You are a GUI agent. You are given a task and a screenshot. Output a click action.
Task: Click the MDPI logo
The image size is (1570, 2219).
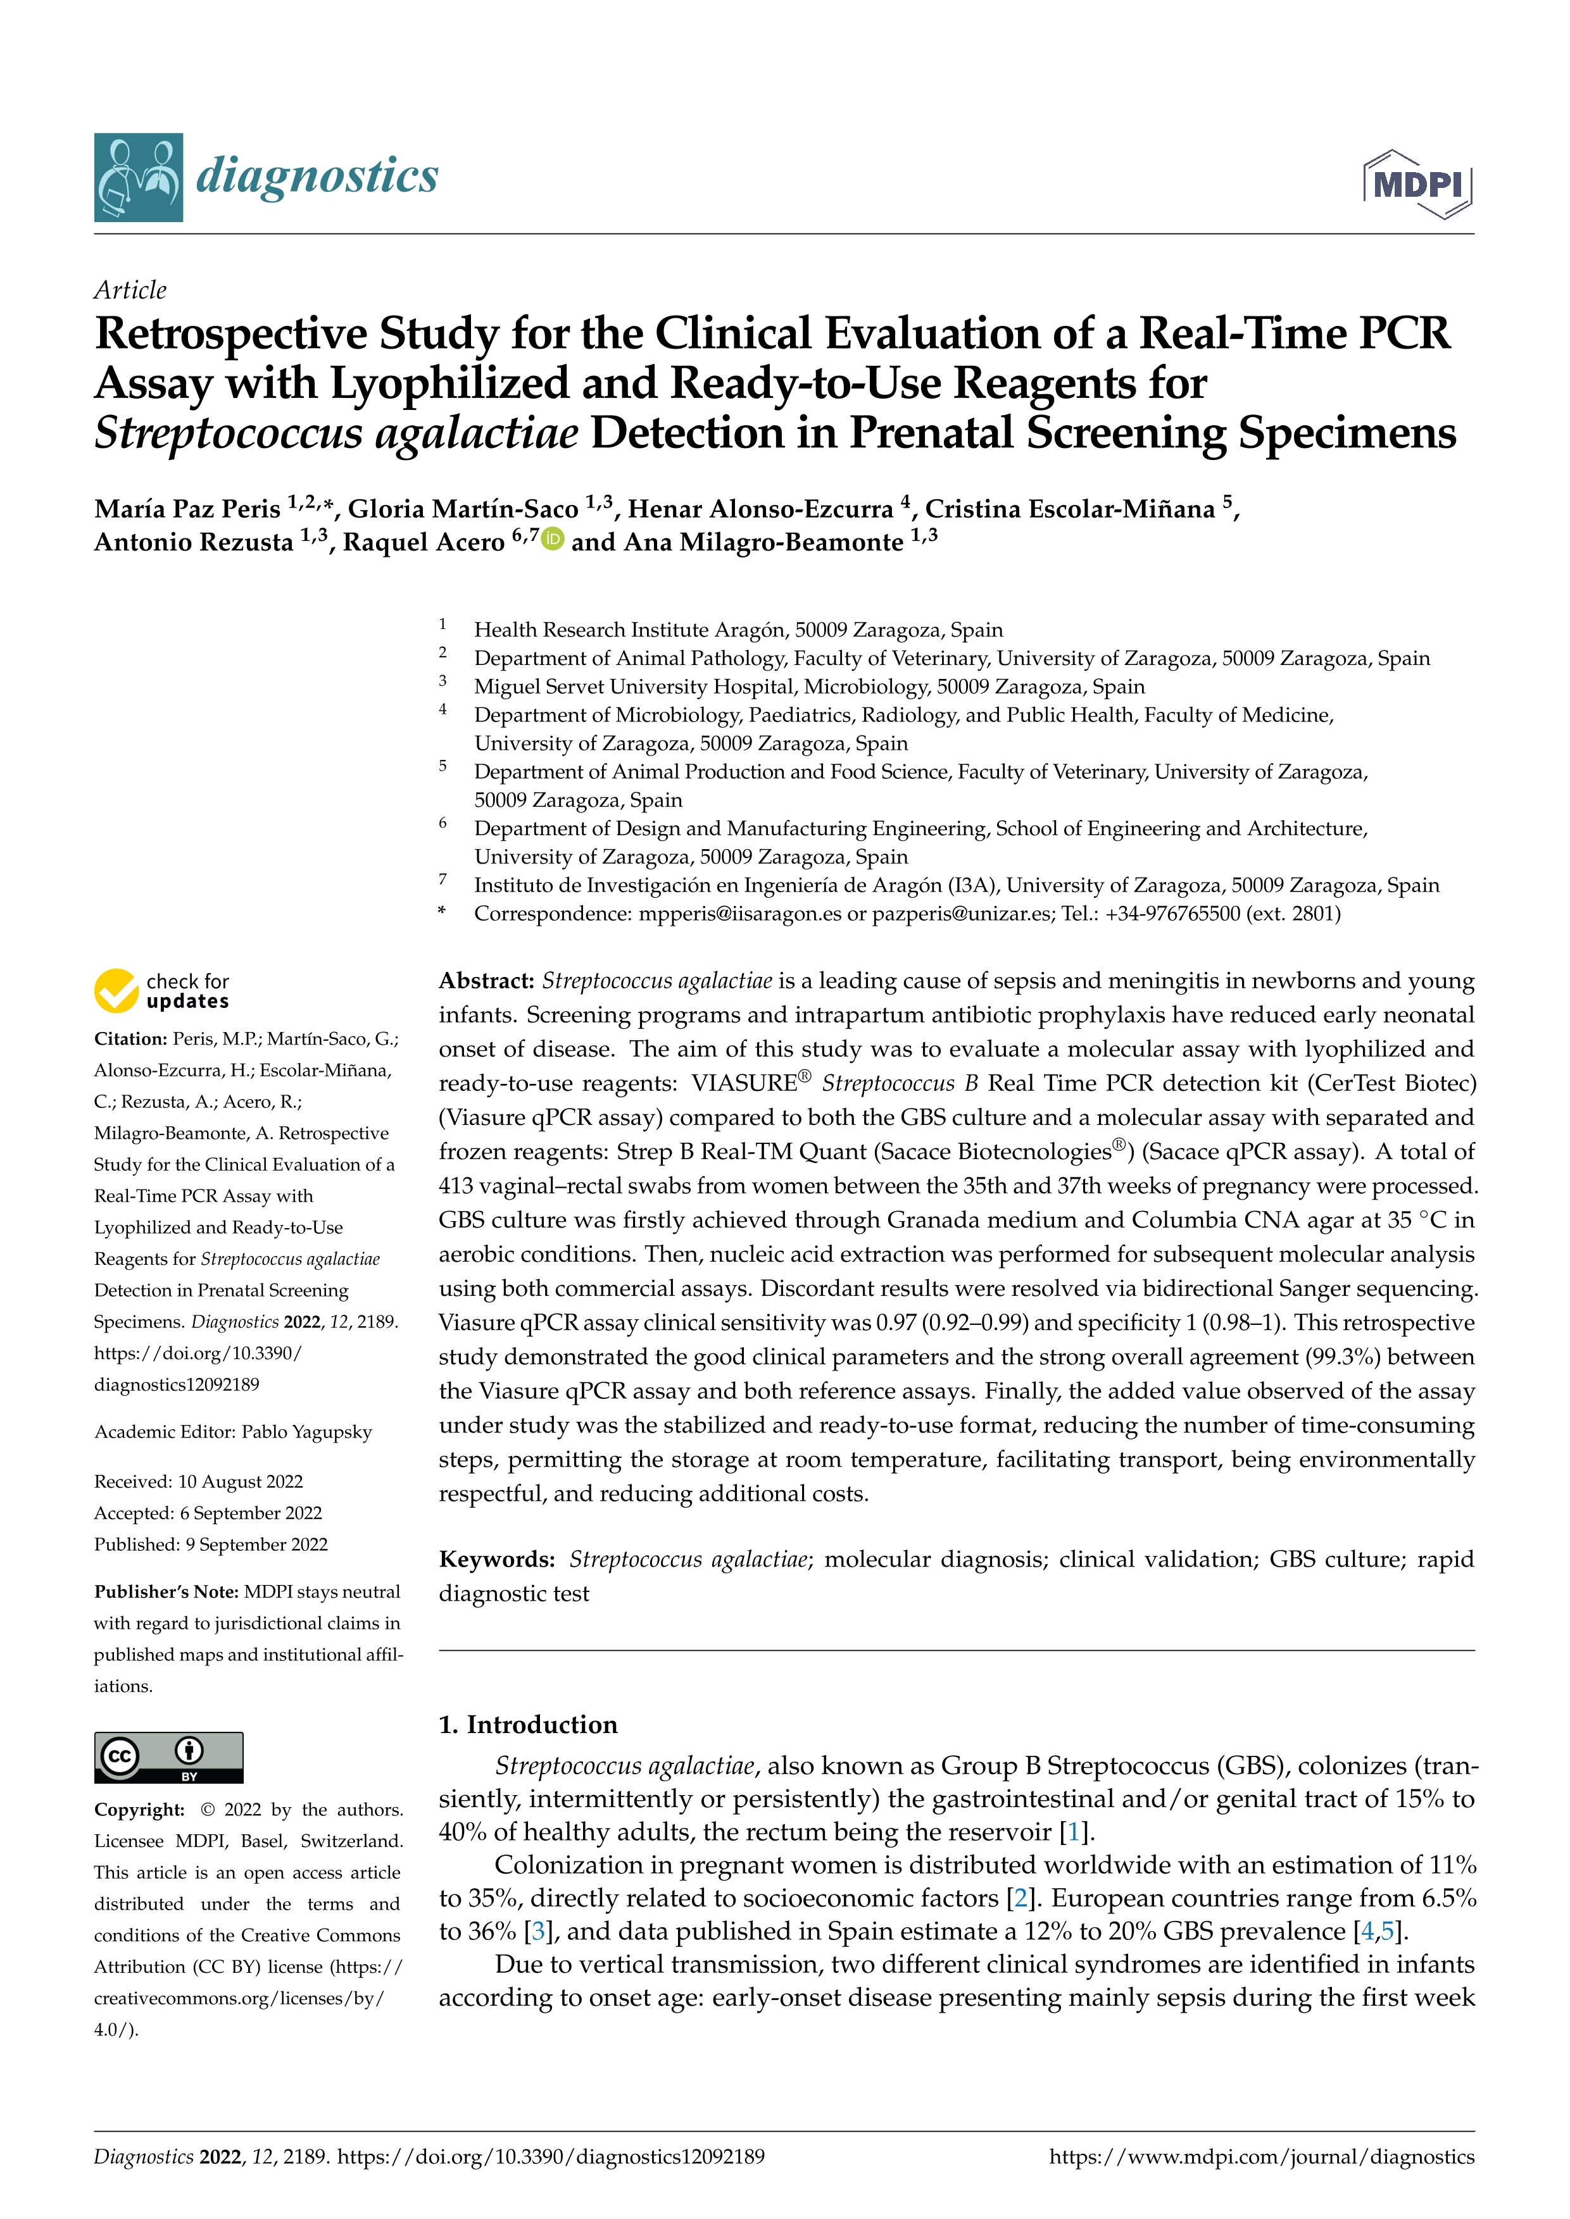(1417, 183)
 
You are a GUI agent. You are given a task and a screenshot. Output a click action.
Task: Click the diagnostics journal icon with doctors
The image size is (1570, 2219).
(138, 178)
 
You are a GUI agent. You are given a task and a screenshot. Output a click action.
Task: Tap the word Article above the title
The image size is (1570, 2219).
(130, 290)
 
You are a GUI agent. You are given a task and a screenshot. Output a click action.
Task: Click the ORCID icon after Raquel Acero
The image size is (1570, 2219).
(553, 539)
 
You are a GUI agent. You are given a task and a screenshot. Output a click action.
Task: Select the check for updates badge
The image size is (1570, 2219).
(161, 991)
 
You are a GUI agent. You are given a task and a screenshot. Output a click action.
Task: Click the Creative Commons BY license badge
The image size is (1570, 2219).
(168, 1757)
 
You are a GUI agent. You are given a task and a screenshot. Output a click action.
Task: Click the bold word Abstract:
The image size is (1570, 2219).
(486, 981)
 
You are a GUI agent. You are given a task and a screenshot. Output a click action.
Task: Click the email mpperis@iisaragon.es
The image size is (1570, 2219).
(739, 913)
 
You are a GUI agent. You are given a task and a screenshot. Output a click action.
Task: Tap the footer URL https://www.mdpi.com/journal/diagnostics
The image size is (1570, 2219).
(1262, 2156)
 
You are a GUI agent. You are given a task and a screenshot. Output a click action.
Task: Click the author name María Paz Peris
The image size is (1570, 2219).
(187, 509)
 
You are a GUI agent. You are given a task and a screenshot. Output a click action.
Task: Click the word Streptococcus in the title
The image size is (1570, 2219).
(228, 433)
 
